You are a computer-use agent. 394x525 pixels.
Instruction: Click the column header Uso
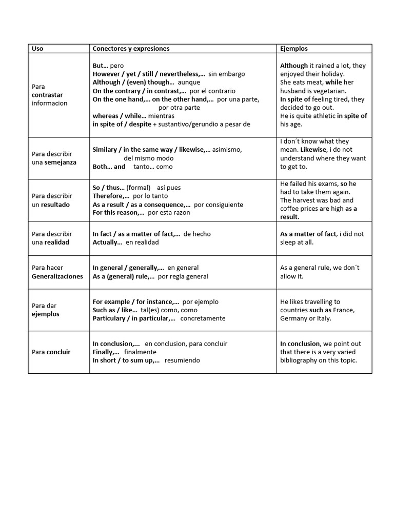37,49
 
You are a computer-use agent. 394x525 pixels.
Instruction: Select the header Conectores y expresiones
131,49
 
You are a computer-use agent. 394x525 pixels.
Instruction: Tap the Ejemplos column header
294,49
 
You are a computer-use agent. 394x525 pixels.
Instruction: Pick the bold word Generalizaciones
57,276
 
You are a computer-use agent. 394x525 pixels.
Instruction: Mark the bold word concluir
58,352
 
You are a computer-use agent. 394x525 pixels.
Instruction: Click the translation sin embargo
227,74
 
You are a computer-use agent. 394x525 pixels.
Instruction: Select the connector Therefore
107,196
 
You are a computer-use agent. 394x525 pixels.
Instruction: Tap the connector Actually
106,243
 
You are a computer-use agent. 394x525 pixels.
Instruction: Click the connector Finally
104,352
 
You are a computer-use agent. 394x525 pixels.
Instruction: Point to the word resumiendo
182,360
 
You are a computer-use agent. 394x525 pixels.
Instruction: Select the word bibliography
303,360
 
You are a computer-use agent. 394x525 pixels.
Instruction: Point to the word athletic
323,116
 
